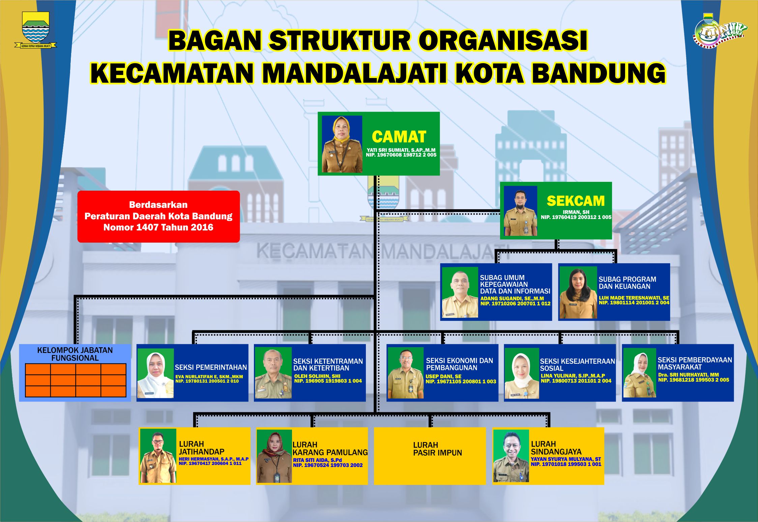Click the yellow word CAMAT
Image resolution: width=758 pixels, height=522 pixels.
coord(399,137)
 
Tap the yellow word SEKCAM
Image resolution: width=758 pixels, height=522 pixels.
coord(576,201)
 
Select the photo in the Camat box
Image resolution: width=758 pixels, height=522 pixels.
coord(342,144)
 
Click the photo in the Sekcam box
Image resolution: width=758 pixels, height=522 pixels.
coord(520,211)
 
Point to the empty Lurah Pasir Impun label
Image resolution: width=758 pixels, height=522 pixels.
coord(437,449)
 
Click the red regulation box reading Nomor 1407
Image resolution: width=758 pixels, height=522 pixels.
coord(158,216)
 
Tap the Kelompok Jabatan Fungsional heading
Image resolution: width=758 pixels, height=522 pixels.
coord(75,354)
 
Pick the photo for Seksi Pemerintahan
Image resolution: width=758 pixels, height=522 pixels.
coord(155,373)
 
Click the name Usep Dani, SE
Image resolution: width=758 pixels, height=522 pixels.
coord(443,376)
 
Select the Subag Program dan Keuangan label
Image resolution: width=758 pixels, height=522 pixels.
coord(627,283)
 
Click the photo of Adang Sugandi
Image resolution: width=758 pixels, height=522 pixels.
coord(460,292)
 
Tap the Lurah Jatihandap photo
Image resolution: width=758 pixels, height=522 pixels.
coord(158,456)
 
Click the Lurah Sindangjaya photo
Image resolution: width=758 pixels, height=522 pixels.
coord(511,456)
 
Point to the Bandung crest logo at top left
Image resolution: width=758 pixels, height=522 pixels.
coord(36,30)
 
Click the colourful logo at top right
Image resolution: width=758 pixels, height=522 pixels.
coord(720,30)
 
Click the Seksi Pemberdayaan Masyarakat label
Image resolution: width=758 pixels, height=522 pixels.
coord(695,363)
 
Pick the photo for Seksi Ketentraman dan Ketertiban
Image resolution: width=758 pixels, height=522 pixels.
coord(273,373)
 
